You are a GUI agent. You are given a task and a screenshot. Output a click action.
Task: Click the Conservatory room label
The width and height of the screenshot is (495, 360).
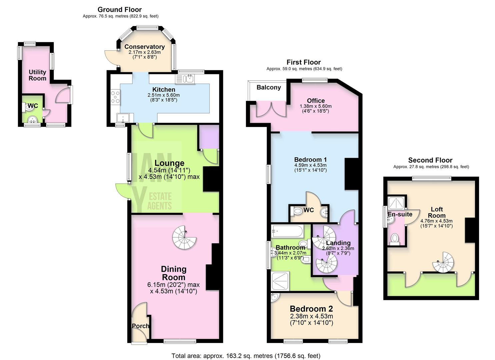coord(144,47)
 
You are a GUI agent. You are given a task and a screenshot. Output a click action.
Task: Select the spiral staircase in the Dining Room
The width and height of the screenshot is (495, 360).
coord(184,237)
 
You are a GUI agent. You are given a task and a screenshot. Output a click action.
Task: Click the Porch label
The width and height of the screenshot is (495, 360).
coord(140,326)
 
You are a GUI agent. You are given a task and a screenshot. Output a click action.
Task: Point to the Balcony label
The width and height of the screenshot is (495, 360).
coord(268,87)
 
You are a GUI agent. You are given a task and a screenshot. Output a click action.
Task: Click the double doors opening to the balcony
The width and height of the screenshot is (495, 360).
coord(271,109)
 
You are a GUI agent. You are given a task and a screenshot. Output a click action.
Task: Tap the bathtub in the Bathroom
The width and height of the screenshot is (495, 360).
coord(287,230)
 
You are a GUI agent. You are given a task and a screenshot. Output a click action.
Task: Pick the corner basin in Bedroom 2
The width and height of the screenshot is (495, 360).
coord(275,297)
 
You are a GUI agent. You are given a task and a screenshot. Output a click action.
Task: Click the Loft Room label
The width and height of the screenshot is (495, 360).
coord(437,212)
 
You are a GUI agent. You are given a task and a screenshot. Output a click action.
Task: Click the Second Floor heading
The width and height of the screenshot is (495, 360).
coord(430,160)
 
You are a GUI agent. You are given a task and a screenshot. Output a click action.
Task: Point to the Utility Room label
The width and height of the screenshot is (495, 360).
coord(37,75)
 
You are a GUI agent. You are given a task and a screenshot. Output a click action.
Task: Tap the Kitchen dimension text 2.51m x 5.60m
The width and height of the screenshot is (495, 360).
coord(163,95)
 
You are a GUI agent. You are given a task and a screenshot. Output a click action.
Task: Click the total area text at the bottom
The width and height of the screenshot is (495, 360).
coord(246,356)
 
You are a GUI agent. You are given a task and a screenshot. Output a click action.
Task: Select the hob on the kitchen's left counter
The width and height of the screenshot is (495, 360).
coord(115,96)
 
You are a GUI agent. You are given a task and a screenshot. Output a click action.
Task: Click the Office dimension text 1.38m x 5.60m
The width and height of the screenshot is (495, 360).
coord(315,106)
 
